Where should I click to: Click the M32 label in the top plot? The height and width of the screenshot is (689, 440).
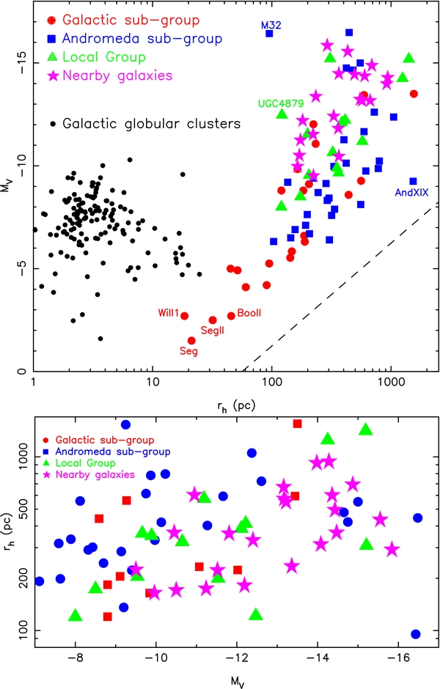coord(271,25)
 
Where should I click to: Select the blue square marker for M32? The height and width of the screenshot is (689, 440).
coord(269,34)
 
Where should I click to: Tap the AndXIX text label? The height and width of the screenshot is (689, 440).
coord(411,193)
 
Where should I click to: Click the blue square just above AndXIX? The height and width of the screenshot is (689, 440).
coord(413,181)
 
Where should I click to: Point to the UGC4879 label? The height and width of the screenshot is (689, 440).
coord(281,103)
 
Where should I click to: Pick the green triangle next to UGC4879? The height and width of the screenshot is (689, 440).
coord(282,114)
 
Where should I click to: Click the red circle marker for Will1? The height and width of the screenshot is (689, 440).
coord(185,316)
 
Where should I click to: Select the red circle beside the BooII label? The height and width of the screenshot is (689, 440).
coord(231,316)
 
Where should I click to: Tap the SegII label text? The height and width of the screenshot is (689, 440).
coord(213,330)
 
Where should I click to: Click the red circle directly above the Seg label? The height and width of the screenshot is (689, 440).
coord(191,341)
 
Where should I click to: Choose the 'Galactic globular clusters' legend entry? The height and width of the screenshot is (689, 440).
coord(152,124)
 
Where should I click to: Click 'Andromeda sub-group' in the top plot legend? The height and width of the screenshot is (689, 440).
coord(142,39)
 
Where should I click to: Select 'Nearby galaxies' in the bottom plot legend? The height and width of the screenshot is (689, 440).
coord(95,474)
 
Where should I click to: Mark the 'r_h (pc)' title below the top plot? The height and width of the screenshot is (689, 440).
coord(236,405)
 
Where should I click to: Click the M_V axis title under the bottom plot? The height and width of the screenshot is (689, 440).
coord(237,682)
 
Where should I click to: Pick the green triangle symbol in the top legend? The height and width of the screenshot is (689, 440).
coord(52,56)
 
